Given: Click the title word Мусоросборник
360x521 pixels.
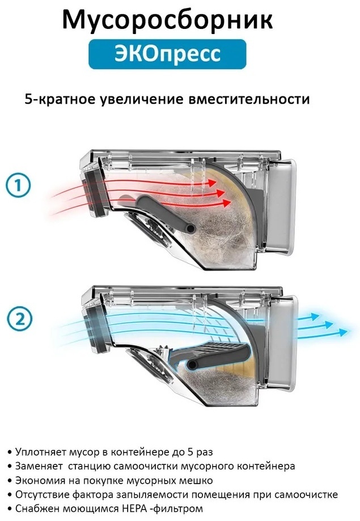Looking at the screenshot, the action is click(x=167, y=20).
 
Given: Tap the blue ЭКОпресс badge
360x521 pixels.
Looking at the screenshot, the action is click(x=167, y=54).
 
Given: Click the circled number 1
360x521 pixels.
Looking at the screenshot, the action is click(x=18, y=185).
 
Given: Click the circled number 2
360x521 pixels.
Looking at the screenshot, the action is click(x=20, y=319).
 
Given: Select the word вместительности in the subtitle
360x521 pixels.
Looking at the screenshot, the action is click(x=249, y=99).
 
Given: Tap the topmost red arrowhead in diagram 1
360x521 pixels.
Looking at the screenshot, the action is click(x=211, y=182).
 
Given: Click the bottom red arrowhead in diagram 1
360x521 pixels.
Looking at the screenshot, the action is click(x=227, y=202).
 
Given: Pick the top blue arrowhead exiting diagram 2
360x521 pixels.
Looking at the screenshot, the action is click(x=313, y=317).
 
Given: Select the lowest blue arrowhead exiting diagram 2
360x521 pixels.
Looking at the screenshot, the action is click(x=343, y=332).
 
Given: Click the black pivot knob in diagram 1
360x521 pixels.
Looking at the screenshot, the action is click(x=190, y=228).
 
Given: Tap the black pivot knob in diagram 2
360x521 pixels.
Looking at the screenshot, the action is click(x=192, y=364).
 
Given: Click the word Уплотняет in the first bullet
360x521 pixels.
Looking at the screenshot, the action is click(x=41, y=452).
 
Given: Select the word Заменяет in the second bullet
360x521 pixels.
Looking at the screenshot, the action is click(x=39, y=466).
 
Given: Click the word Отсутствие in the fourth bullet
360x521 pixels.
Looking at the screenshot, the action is click(x=42, y=495).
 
